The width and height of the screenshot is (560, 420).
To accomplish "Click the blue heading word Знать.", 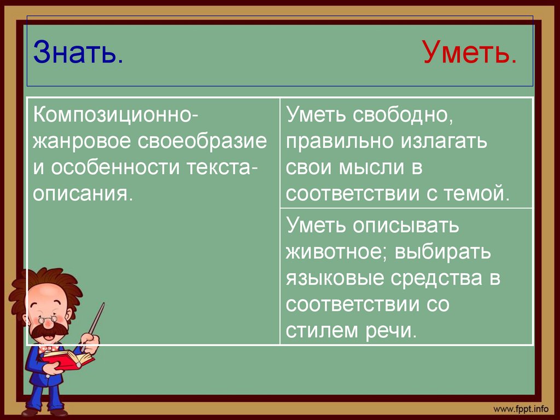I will click(78, 54).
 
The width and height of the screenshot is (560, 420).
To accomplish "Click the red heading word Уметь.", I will click(469, 54).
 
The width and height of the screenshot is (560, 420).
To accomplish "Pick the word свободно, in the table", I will click(404, 116).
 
